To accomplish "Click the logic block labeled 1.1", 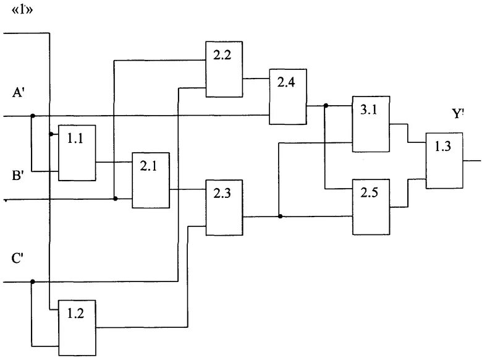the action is pos(77,152).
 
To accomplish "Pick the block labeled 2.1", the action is pos(151,180).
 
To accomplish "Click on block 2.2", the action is pos(224,69).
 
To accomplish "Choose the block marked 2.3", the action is pos(224,207).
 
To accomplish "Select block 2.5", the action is pos(371,206).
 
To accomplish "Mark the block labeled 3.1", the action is pos(371,124).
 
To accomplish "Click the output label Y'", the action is pos(459,114).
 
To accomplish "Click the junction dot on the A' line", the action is pos(32,116).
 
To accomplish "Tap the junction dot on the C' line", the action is pos(32,281).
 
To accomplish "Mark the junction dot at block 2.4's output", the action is pos(325,105).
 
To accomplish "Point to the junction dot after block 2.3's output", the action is pos(280,216).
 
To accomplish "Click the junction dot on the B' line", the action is pos(116,199).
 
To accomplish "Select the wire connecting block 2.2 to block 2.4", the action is pos(256,79).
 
